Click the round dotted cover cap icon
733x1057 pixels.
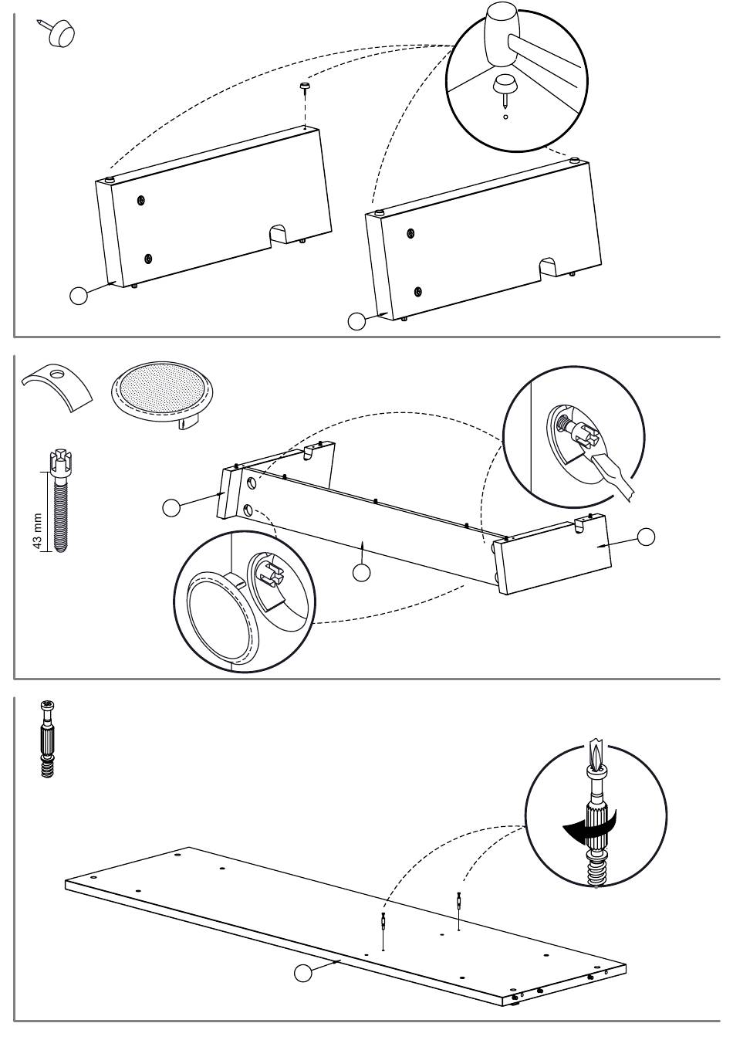coord(164,391)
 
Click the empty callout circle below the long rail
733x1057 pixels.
coord(361,572)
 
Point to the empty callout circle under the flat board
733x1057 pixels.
coord(304,974)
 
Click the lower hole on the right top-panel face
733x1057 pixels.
coord(417,291)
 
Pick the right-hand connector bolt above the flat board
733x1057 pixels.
coord(459,901)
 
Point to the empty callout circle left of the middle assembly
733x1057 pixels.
coord(172,507)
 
